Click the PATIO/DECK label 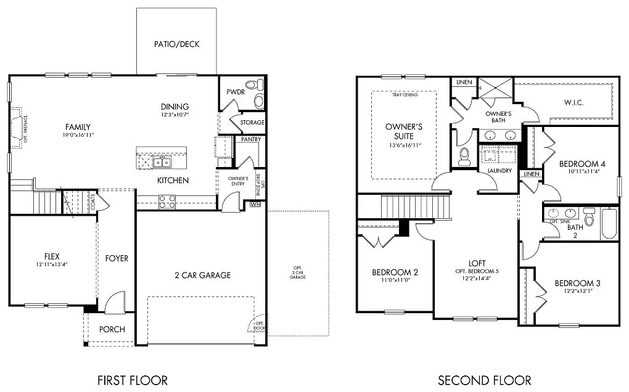click(176, 44)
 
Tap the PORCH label click(112, 329)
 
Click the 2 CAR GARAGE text click(202, 275)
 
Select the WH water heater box click(255, 204)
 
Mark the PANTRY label click(251, 139)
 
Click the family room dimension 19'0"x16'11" click(78, 135)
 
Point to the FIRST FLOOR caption click(133, 380)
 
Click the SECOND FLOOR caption click(485, 380)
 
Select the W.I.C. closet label click(573, 102)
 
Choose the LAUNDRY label click(499, 171)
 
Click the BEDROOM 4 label click(582, 164)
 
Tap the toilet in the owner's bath click(464, 157)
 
